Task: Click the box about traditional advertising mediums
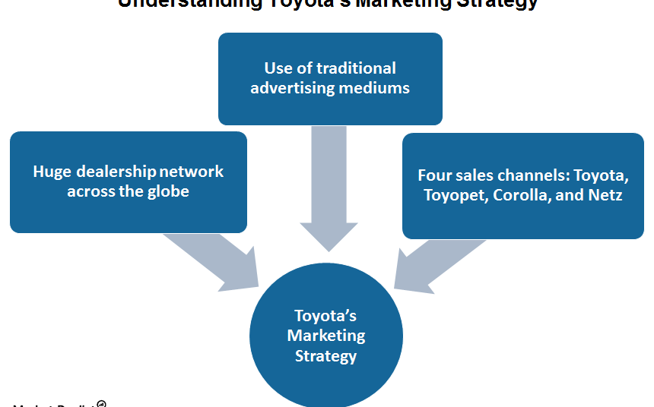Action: pyautogui.click(x=330, y=78)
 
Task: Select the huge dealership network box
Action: pyautogui.click(x=128, y=181)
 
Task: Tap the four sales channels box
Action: pyautogui.click(x=522, y=185)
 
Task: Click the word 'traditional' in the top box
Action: pyautogui.click(x=357, y=68)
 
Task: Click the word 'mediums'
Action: pyautogui.click(x=375, y=88)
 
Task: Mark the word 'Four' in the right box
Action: pyautogui.click(x=434, y=175)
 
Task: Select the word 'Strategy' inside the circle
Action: pyautogui.click(x=325, y=355)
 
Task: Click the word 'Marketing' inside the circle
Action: pyautogui.click(x=325, y=336)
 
